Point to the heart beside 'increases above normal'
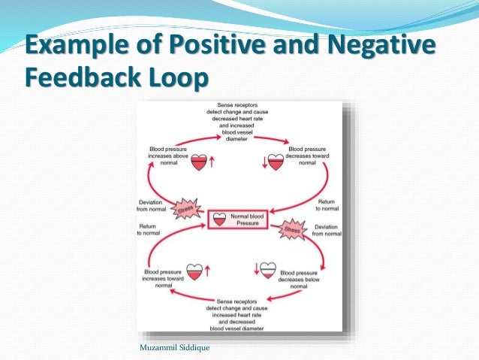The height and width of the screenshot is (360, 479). (199, 162)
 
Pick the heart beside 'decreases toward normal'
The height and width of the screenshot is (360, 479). (276, 162)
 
